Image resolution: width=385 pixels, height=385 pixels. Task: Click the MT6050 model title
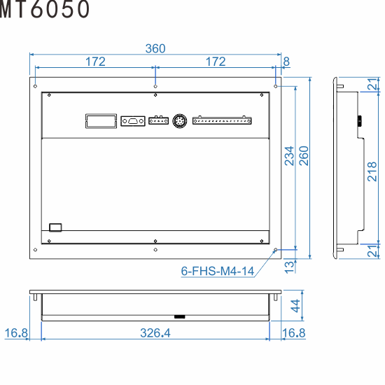pos(45,9)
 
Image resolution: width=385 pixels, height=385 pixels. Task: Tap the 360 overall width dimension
pos(155,48)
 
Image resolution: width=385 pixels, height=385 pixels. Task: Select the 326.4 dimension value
pos(155,333)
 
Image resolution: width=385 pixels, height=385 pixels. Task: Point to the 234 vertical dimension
pos(289,155)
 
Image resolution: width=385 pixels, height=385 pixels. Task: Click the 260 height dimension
pos(304,155)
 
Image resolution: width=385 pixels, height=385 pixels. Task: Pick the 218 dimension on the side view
pos(372,171)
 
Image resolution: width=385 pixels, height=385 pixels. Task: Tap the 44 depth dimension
pos(295,306)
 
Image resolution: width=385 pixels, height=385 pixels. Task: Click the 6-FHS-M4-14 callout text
pos(217,271)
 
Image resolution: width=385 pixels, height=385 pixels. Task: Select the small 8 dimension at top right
pos(286,62)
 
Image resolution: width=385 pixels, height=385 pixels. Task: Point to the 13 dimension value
pos(289,267)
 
